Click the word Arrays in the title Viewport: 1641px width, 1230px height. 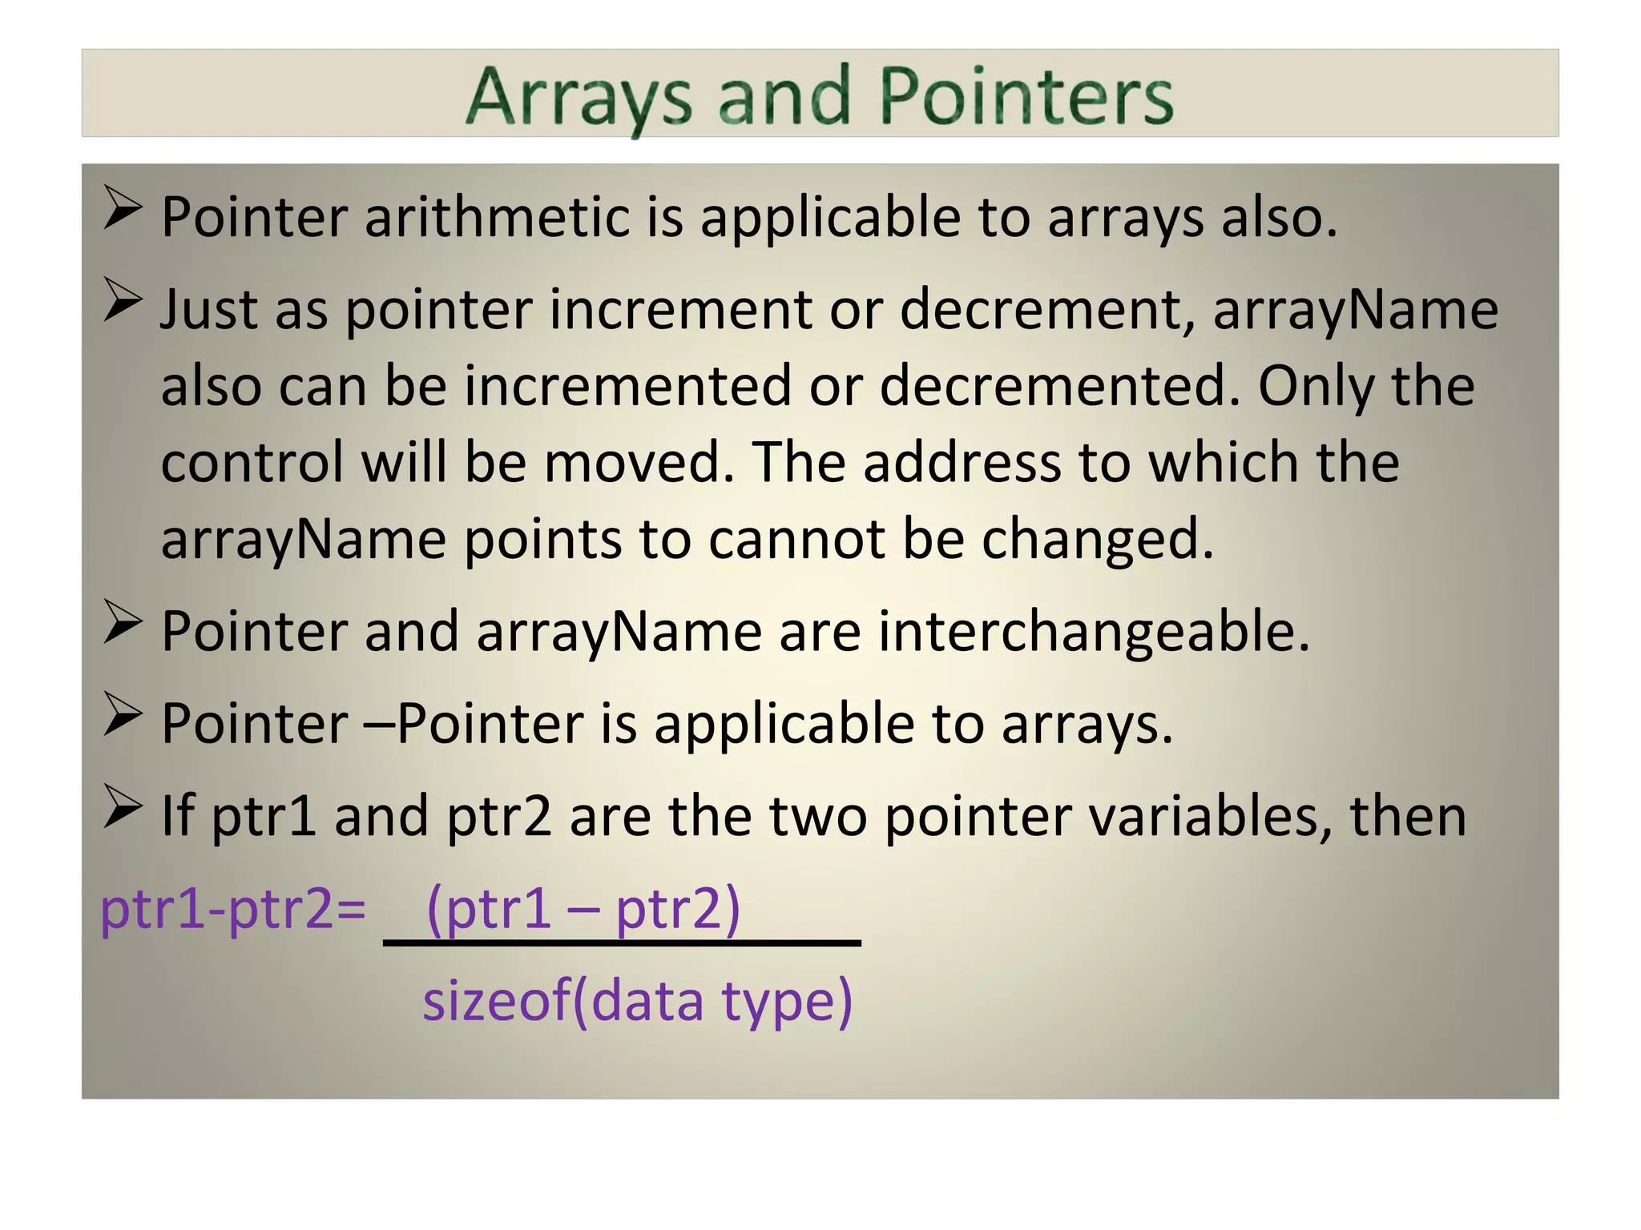pyautogui.click(x=578, y=98)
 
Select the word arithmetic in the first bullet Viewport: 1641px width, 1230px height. pyautogui.click(x=497, y=217)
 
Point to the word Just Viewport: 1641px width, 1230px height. pyautogui.click(x=208, y=309)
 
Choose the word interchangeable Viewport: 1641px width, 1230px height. pyautogui.click(x=1094, y=632)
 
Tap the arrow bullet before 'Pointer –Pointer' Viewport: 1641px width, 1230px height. pyautogui.click(x=123, y=715)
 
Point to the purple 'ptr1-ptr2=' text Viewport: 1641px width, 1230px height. pyautogui.click(x=233, y=910)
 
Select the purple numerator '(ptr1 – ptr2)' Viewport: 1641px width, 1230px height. pyautogui.click(x=583, y=910)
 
